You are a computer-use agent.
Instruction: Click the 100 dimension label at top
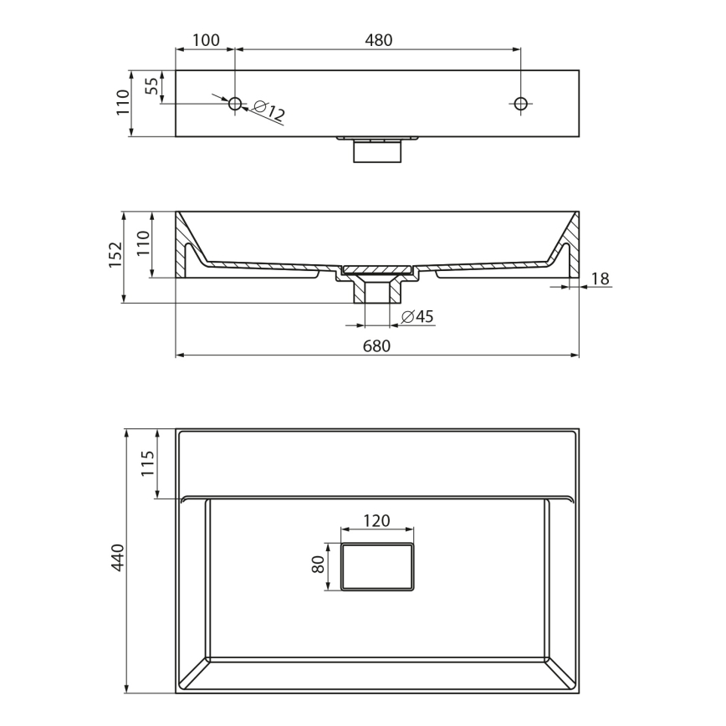tap(206, 39)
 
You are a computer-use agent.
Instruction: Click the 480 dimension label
tap(378, 39)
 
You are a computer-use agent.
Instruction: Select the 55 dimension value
tap(151, 87)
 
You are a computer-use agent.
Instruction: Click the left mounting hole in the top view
tap(235, 104)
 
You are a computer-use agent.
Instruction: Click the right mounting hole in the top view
tap(520, 104)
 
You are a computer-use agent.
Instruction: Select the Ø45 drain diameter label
tap(417, 316)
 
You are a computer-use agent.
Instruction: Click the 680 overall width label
tap(377, 345)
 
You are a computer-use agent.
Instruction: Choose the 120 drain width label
tap(376, 520)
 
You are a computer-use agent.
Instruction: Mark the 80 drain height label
tap(318, 566)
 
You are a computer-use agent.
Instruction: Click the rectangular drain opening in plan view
tap(377, 566)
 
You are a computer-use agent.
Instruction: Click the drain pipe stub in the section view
tap(377, 292)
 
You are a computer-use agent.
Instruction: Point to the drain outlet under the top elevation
tap(377, 151)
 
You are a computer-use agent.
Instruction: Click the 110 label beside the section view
tap(142, 243)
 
